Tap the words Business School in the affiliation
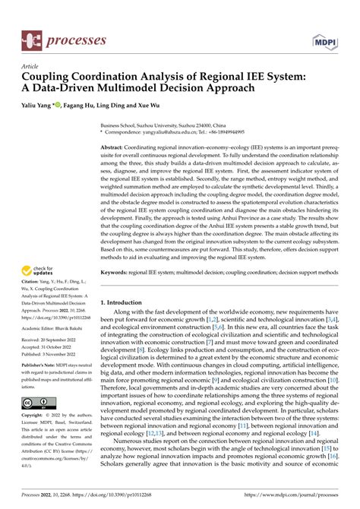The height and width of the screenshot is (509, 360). coord(121,122)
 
